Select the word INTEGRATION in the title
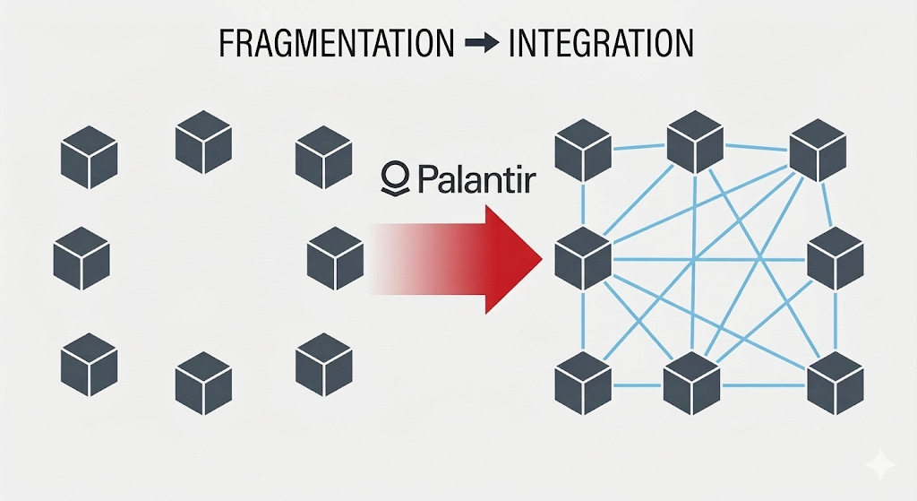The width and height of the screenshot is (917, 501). tap(600, 44)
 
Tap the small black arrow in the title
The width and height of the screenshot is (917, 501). tap(482, 44)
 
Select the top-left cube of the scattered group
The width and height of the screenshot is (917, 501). tap(89, 157)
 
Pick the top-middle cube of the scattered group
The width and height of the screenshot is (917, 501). tap(203, 143)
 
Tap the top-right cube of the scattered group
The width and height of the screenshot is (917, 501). tap(323, 157)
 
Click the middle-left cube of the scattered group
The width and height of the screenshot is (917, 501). tap(81, 258)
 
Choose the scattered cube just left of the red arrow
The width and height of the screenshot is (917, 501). tap(335, 258)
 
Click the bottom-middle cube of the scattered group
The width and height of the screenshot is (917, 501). tap(203, 384)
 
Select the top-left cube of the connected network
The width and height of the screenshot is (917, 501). tap(583, 148)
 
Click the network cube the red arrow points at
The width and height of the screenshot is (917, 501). tap(583, 258)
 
